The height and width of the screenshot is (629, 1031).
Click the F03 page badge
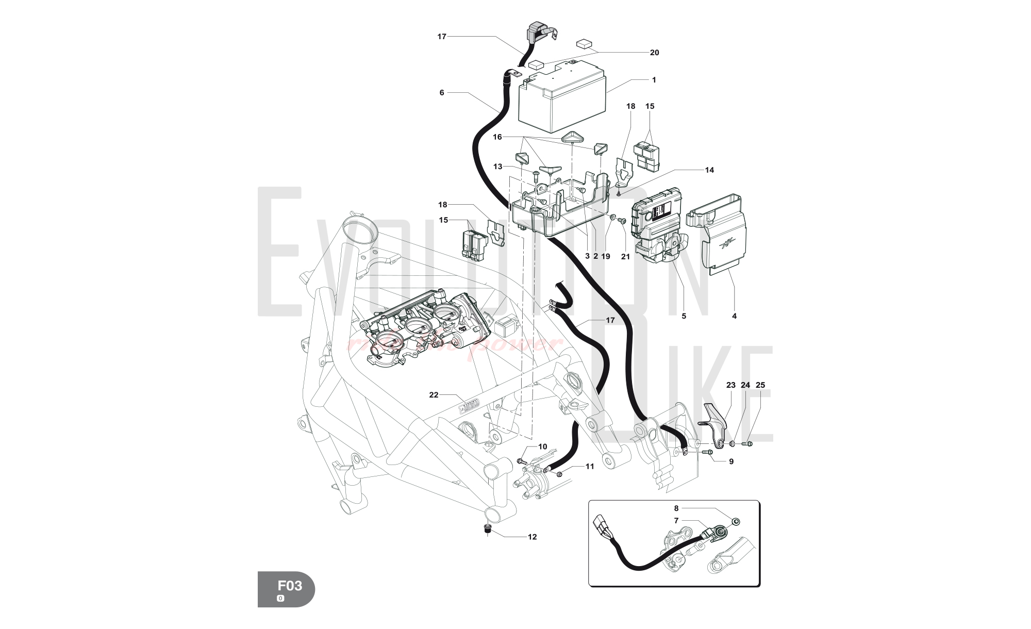pyautogui.click(x=286, y=589)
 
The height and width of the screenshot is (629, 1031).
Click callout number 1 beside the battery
pyautogui.click(x=654, y=80)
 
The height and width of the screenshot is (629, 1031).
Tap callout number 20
pyautogui.click(x=654, y=53)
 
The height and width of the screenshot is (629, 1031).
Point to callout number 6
pyautogui.click(x=442, y=93)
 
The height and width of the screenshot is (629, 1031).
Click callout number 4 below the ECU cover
pyautogui.click(x=734, y=316)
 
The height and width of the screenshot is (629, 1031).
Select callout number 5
pyautogui.click(x=684, y=316)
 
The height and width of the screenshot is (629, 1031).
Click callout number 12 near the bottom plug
pyautogui.click(x=533, y=537)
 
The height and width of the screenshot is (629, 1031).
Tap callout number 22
pyautogui.click(x=434, y=395)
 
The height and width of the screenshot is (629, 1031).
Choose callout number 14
pyautogui.click(x=709, y=170)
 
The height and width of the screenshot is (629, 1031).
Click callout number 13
pyautogui.click(x=497, y=167)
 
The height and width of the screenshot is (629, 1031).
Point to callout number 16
pyautogui.click(x=497, y=137)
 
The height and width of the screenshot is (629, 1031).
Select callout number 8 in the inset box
pyautogui.click(x=676, y=508)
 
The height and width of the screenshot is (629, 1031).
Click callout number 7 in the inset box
pyautogui.click(x=676, y=521)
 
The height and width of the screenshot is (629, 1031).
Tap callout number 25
pyautogui.click(x=760, y=385)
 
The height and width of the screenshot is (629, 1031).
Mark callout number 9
pyautogui.click(x=731, y=462)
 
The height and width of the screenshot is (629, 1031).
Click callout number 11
pyautogui.click(x=590, y=467)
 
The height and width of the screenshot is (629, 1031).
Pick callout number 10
pyautogui.click(x=542, y=446)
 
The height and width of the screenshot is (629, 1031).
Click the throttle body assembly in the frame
pyautogui.click(x=423, y=330)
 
